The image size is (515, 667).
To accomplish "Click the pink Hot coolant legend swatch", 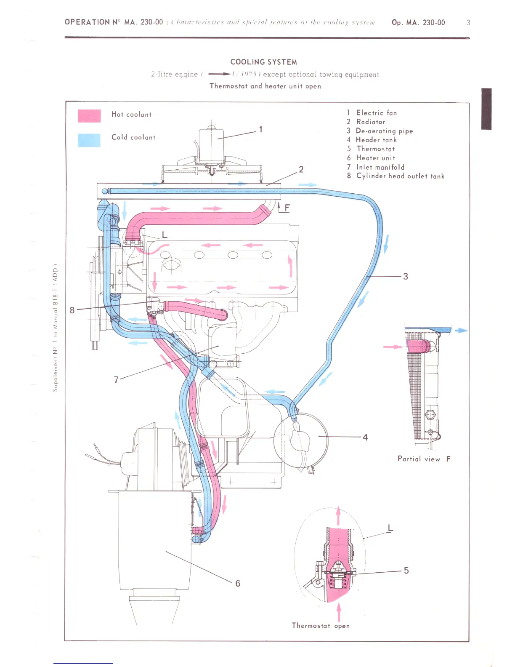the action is [89, 116].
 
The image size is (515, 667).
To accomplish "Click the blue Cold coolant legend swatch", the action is [89, 140].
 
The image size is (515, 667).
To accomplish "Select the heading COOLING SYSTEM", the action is [263, 62].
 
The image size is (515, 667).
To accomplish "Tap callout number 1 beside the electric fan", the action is [261, 129].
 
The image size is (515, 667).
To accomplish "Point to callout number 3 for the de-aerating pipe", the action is [405, 276].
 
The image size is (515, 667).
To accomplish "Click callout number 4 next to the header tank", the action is [365, 438].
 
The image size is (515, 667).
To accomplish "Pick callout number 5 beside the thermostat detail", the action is [406, 571].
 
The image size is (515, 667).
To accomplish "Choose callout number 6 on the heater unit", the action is [238, 583].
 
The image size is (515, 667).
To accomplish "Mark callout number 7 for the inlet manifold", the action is [117, 379].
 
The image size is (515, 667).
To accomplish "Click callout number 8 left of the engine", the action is [72, 310].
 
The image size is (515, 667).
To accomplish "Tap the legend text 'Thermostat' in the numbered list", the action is [376, 149].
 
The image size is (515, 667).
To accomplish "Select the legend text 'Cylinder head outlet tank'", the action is [400, 176].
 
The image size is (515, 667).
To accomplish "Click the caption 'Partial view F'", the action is [424, 459].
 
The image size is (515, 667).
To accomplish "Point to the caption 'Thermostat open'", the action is [321, 626].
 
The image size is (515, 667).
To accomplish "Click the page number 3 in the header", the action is [468, 23].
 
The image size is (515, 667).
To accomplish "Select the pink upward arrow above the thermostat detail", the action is [338, 516].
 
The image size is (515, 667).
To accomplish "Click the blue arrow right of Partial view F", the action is [461, 331].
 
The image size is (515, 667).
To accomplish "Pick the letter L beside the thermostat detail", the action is [390, 528].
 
